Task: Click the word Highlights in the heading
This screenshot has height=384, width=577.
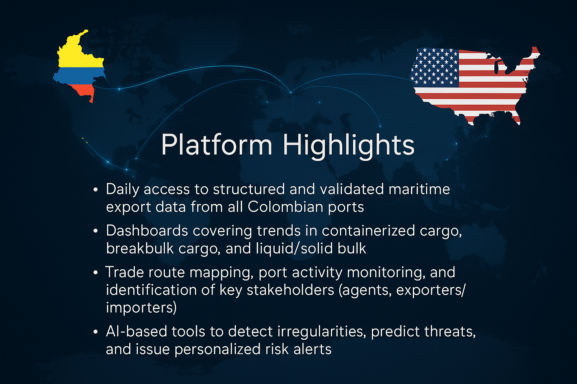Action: [349, 146]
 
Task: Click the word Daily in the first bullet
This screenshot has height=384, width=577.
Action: [122, 190]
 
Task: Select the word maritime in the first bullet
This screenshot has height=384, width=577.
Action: [419, 189]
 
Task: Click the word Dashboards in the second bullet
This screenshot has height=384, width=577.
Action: [147, 231]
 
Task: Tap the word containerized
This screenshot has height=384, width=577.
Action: [369, 231]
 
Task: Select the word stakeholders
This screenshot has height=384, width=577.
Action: [290, 290]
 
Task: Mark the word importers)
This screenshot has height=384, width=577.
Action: [141, 308]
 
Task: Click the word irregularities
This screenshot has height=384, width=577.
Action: [322, 332]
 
